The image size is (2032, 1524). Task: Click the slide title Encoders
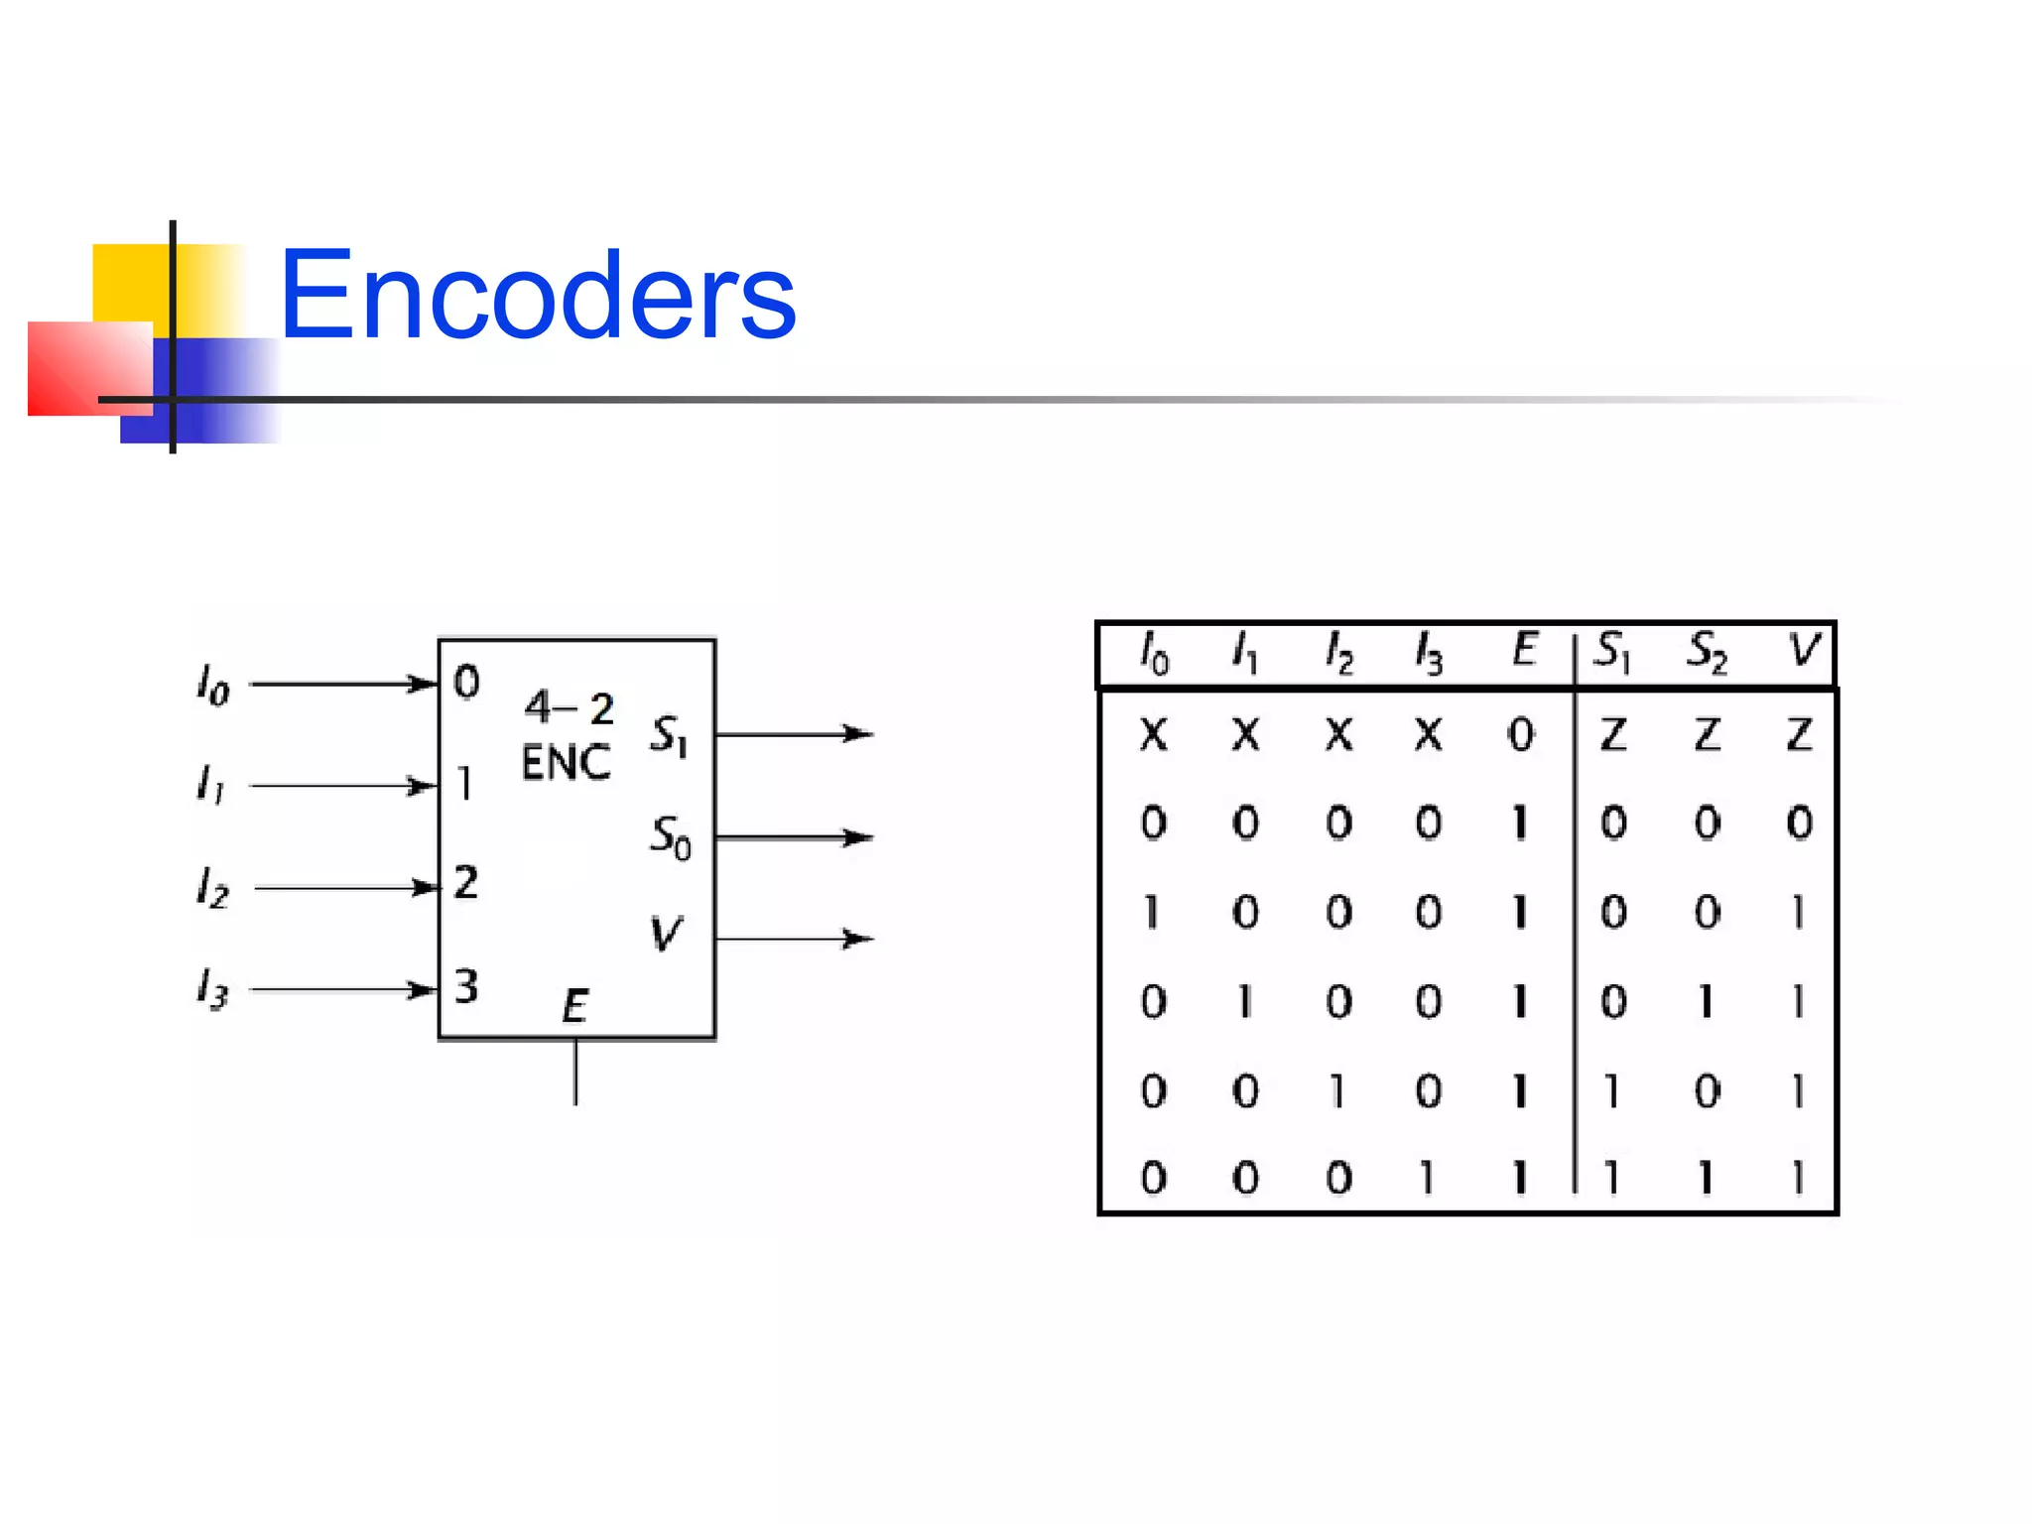537,296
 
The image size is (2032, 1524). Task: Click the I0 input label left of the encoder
213,685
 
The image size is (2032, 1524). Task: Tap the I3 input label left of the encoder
212,988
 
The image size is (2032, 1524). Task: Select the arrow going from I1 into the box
342,786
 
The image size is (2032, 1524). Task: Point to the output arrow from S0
794,837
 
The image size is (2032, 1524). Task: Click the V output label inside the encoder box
666,934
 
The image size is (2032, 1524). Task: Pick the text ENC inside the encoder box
566,763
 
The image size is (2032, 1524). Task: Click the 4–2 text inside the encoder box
570,708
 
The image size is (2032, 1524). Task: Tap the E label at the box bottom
574,1006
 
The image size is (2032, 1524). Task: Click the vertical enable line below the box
575,1073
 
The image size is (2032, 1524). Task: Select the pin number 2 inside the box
465,882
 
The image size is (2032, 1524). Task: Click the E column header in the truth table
1524,651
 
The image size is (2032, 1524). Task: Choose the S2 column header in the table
1707,652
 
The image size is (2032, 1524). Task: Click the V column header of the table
1803,651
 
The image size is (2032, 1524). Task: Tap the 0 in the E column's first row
1520,735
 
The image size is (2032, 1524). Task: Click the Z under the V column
1800,735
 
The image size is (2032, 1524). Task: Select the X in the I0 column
1153,735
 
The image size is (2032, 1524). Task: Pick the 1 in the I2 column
1337,1091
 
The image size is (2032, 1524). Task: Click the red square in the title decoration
89,368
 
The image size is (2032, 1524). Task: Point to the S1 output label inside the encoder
669,735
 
